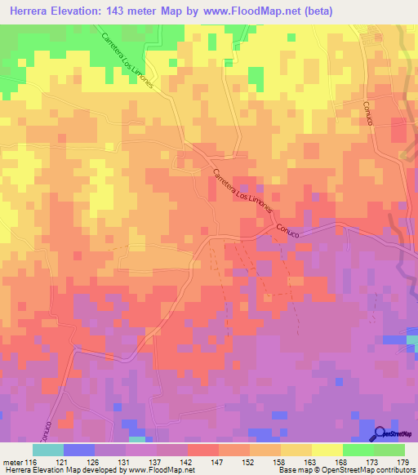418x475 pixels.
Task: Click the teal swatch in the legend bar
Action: pyautogui.click(x=48, y=450)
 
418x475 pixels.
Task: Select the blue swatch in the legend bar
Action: pyautogui.click(x=79, y=450)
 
